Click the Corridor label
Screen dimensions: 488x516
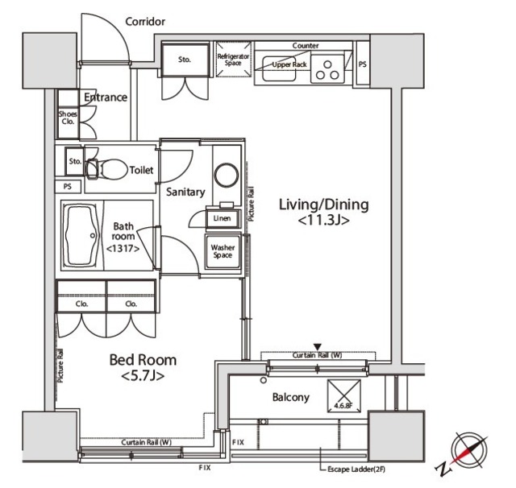click(145, 22)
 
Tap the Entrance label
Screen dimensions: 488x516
click(106, 97)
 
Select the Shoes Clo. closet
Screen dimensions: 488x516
click(68, 120)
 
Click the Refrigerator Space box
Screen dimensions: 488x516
click(234, 63)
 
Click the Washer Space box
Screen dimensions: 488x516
click(223, 250)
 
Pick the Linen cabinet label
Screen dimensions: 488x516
click(221, 218)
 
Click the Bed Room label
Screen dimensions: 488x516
click(143, 367)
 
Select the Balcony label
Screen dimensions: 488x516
click(290, 397)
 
